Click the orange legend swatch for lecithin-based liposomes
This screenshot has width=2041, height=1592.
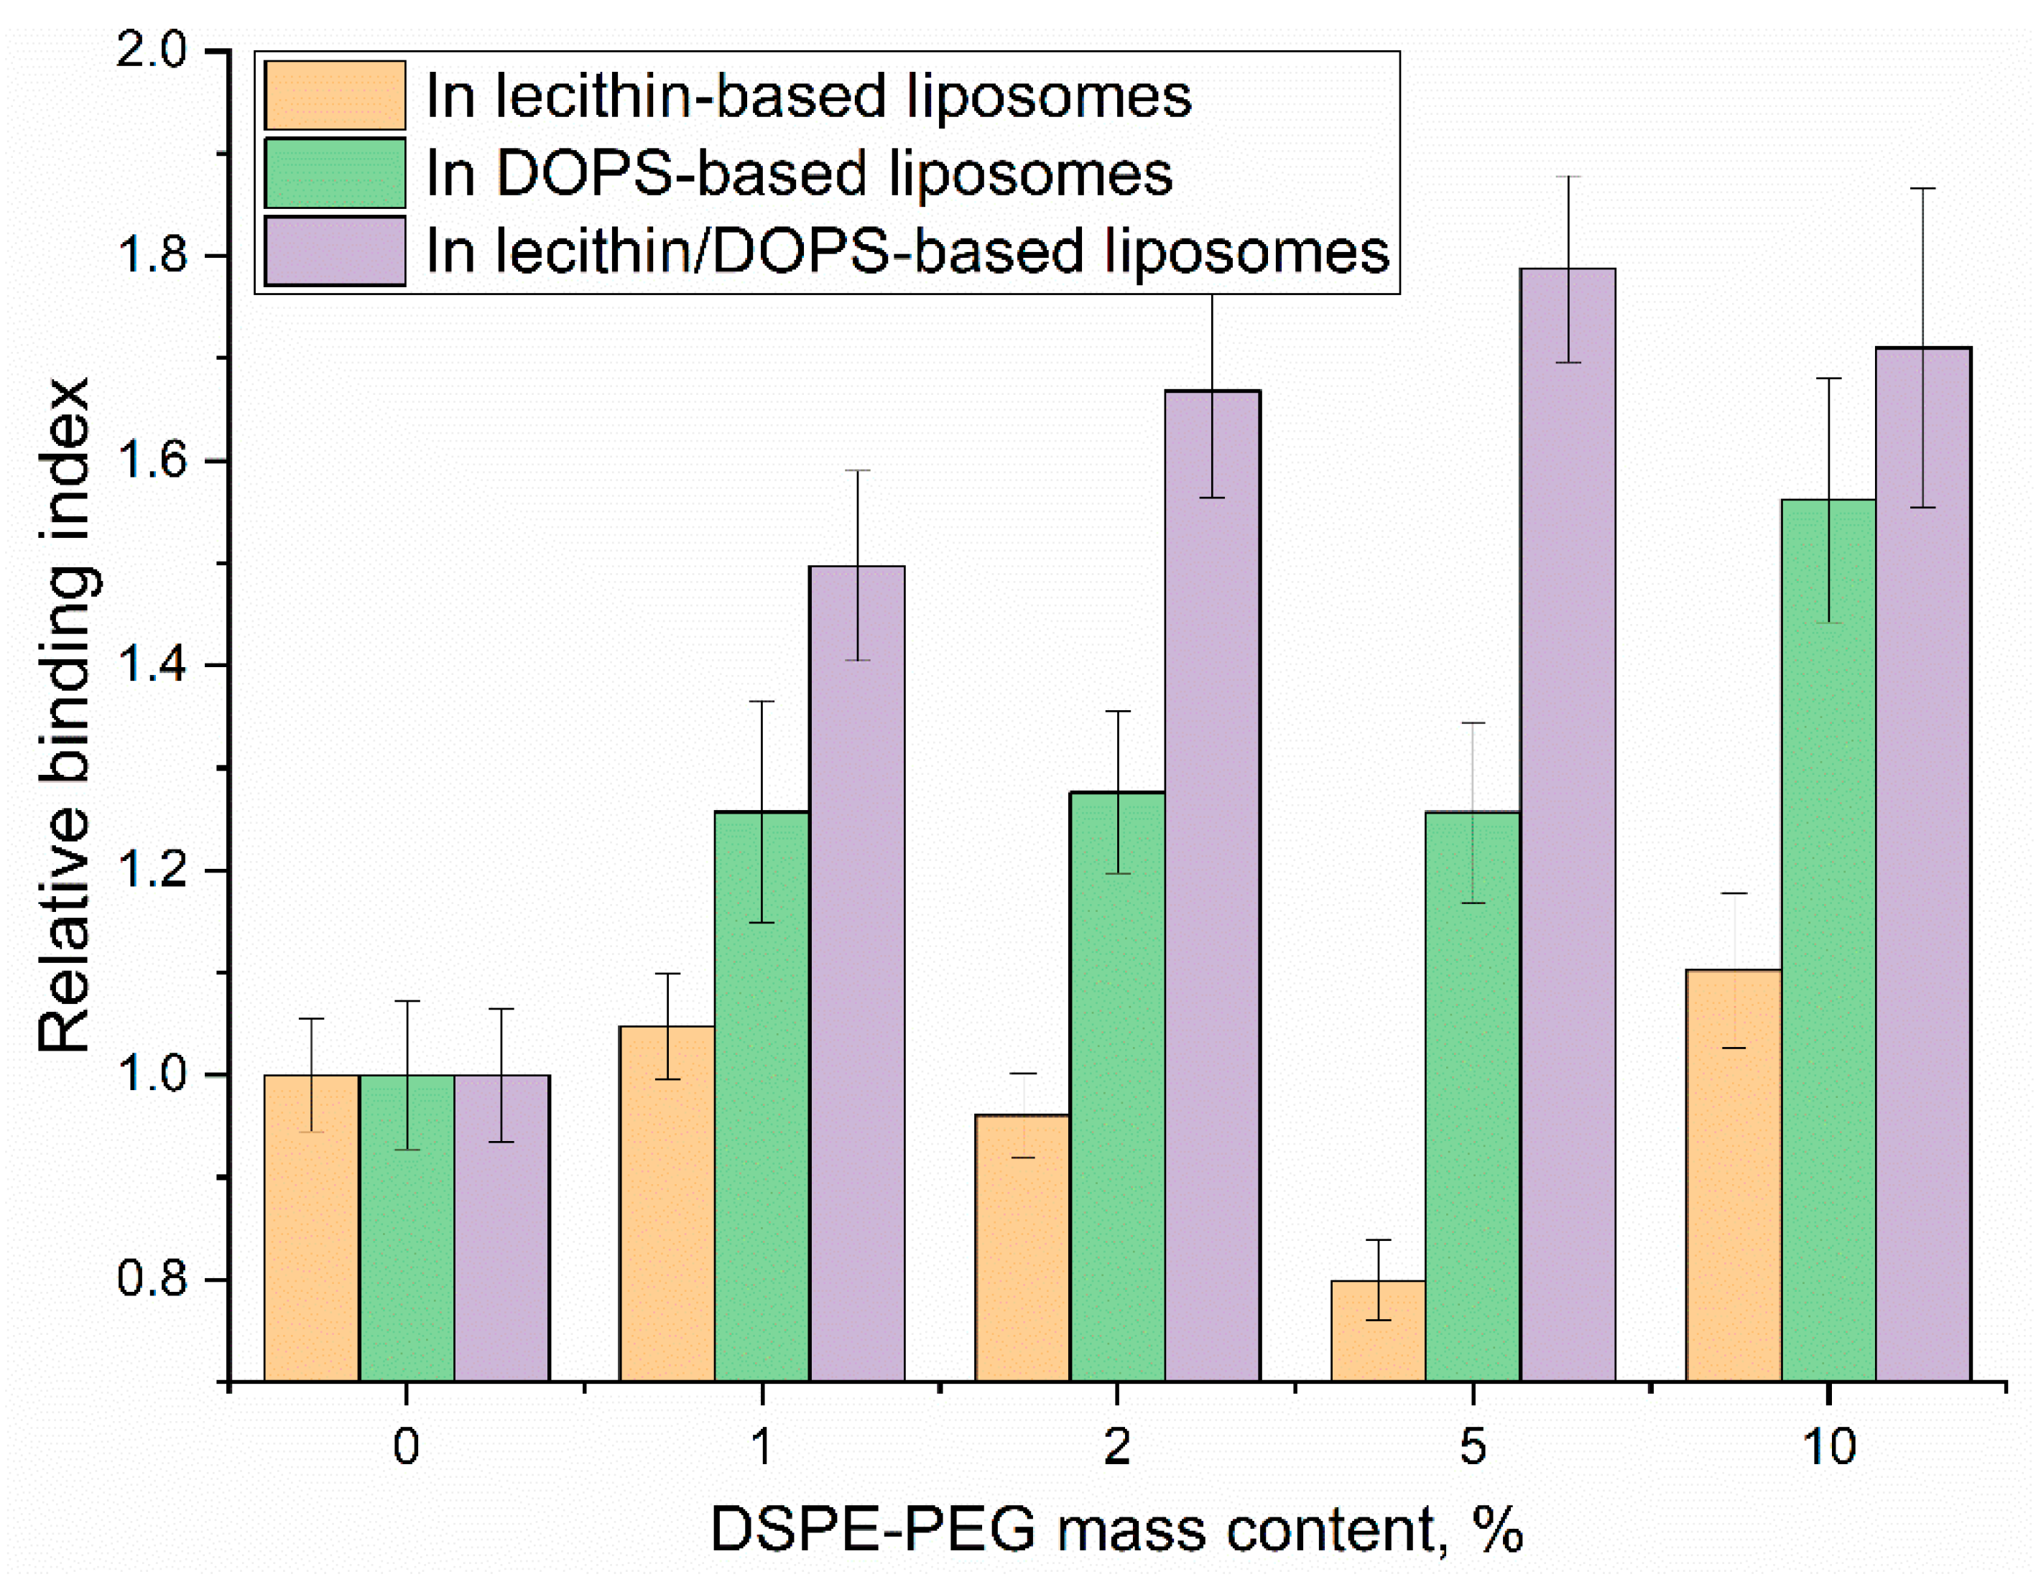(x=335, y=96)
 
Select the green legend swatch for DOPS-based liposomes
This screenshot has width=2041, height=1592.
(x=335, y=173)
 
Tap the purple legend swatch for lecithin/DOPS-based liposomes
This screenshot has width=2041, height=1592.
(x=335, y=251)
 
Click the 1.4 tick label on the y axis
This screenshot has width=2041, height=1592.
(x=152, y=665)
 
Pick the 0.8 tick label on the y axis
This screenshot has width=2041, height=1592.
(x=152, y=1279)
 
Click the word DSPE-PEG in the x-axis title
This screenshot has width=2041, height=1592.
(x=873, y=1530)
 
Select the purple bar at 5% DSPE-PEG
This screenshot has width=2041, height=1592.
(x=1567, y=841)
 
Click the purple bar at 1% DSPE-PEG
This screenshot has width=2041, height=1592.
(x=857, y=981)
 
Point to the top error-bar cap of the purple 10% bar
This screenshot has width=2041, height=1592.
(x=1922, y=189)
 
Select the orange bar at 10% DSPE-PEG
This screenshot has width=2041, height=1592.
(x=1734, y=1177)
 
